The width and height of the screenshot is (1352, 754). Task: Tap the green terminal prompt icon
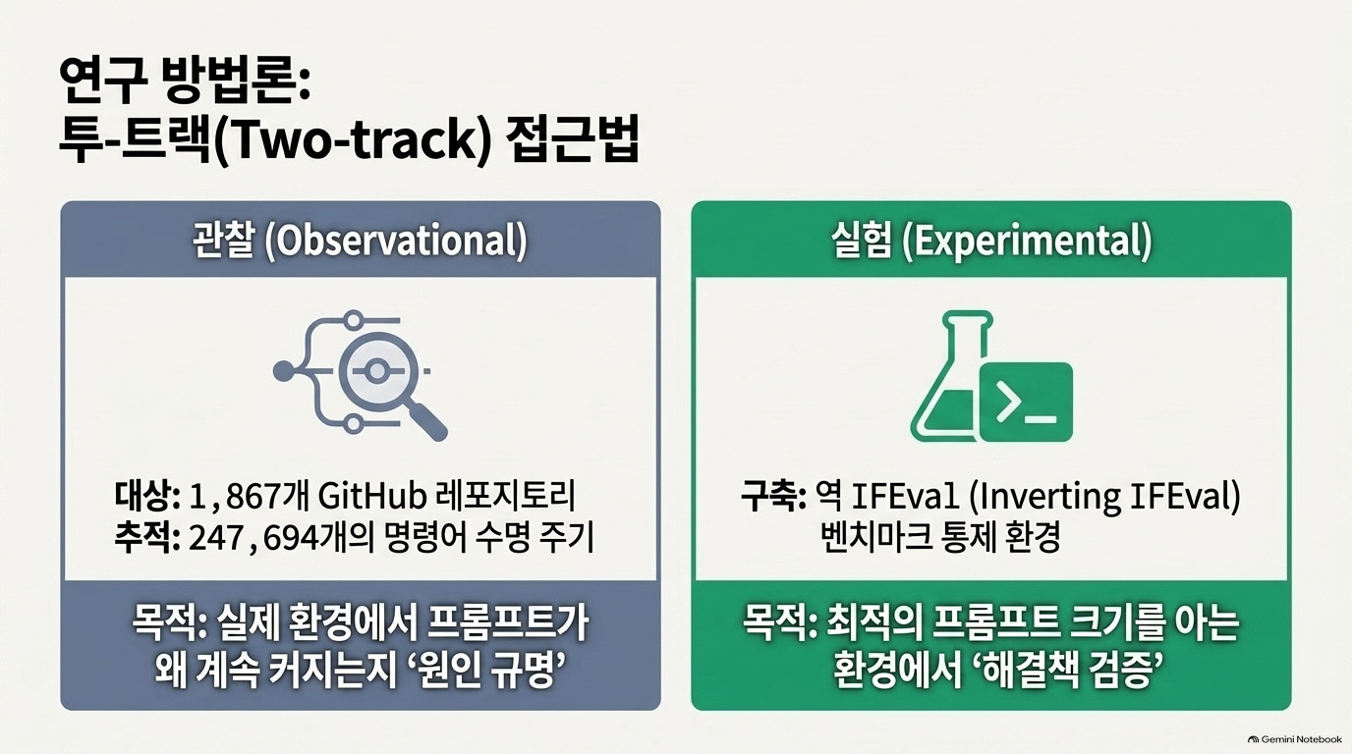click(1026, 402)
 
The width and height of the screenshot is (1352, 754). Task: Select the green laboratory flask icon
click(947, 376)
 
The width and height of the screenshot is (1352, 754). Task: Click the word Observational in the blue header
click(395, 241)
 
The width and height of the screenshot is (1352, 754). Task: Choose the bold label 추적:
click(147, 537)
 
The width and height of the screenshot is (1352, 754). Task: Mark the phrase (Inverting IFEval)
click(1104, 497)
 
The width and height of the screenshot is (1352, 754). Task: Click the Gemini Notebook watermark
click(1295, 739)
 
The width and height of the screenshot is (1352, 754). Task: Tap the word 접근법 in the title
click(571, 141)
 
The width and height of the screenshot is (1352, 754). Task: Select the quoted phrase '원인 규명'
click(479, 670)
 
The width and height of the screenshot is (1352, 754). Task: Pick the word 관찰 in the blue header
click(223, 241)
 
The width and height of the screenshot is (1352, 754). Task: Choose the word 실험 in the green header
click(862, 241)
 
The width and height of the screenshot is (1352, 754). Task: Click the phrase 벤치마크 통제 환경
click(940, 537)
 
